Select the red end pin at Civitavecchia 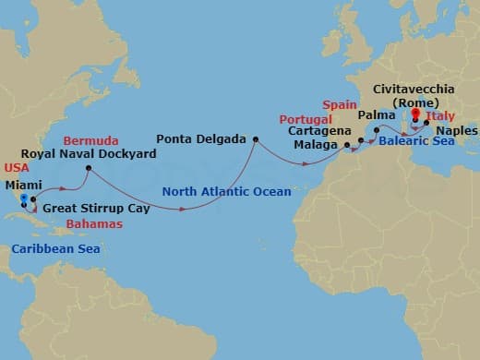click(414, 115)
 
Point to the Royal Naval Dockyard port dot click(88, 168)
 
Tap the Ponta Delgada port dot click(255, 139)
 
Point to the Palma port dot click(377, 130)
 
